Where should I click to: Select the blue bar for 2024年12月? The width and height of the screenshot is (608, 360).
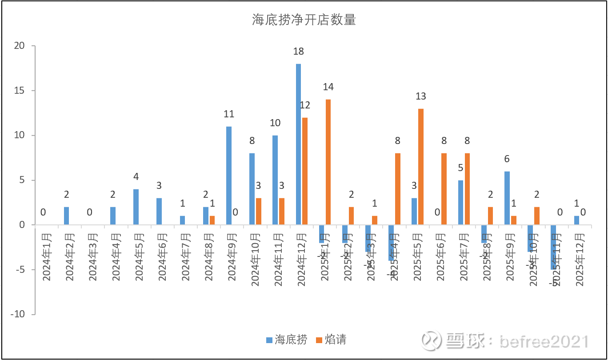coord(299,144)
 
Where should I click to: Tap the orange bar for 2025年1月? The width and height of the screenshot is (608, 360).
coord(328,162)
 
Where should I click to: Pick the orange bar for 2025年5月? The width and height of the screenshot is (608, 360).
coord(421,167)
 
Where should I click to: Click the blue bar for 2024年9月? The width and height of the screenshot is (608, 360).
coord(229,176)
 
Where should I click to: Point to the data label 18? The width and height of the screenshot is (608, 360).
coord(299,52)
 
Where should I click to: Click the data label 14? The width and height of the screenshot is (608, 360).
coord(328,87)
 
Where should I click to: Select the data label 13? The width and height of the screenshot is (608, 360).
coord(421,96)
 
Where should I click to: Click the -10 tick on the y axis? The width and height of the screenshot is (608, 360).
coord(17,314)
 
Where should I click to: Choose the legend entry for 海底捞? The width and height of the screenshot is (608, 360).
coord(287,340)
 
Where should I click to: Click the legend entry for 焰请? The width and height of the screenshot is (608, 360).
coord(331,340)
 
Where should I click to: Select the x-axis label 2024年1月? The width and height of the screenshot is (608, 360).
coord(47,257)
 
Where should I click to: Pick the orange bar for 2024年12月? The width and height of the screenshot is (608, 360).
coord(305,171)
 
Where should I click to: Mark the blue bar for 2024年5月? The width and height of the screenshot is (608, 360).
coord(136,207)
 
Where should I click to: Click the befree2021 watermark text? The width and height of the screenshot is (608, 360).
coord(544,341)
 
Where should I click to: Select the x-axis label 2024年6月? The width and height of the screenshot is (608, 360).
coord(163,257)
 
